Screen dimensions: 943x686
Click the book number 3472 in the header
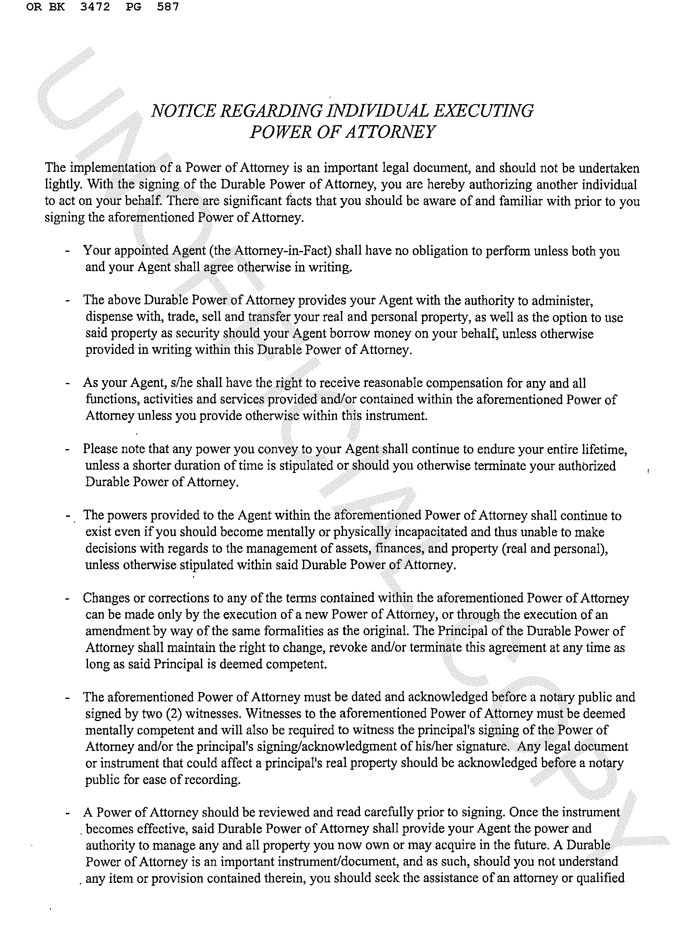[95, 7]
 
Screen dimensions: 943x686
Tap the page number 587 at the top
[168, 7]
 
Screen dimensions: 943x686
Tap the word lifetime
[604, 450]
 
